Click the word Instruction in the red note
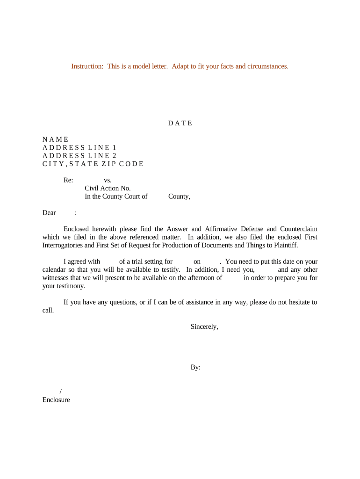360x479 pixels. [x=87, y=66]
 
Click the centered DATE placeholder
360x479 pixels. [x=180, y=123]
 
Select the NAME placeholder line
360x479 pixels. [x=56, y=139]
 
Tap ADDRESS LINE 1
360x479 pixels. [x=79, y=148]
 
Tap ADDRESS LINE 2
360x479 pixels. [x=79, y=156]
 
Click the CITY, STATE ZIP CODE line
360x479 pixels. [x=93, y=164]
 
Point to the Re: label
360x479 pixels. [x=68, y=180]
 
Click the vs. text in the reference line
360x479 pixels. [x=108, y=180]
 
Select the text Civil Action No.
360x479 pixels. [x=108, y=189]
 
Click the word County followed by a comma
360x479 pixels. [x=179, y=196]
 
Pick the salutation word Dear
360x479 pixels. [x=49, y=213]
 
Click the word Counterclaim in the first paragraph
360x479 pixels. [x=299, y=229]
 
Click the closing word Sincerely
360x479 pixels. [x=204, y=327]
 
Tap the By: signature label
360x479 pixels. [x=195, y=368]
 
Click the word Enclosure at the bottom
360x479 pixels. [x=56, y=400]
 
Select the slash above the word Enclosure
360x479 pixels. [x=61, y=392]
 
